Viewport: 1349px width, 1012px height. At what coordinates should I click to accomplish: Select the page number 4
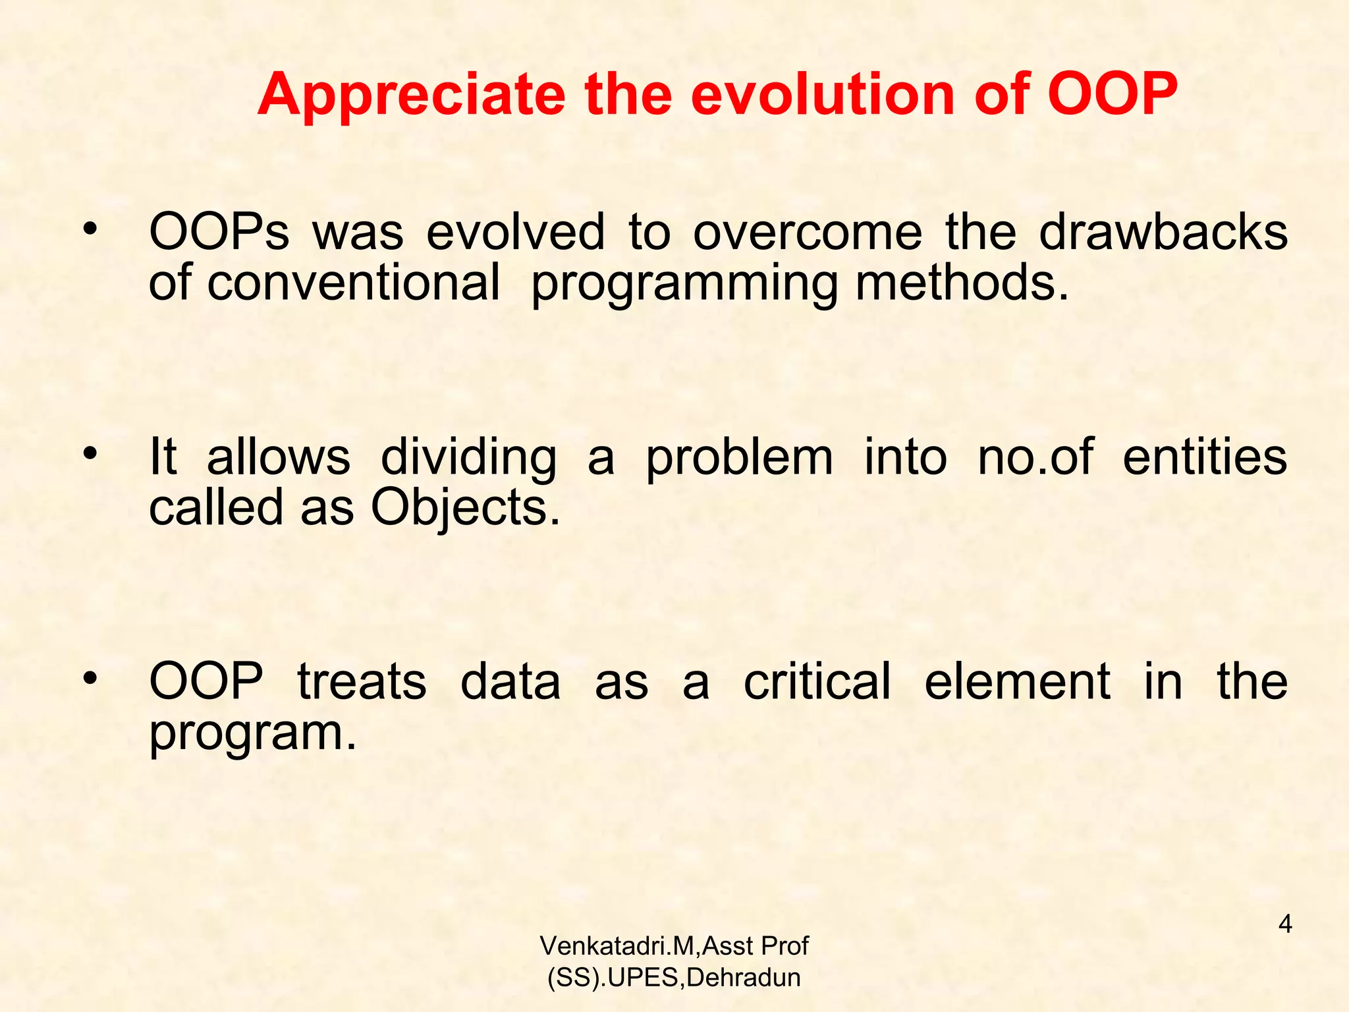click(1285, 924)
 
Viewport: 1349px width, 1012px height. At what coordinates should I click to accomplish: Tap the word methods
click(962, 283)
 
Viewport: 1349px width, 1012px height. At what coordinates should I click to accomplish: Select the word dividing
click(469, 458)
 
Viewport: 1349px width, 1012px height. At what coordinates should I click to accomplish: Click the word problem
click(739, 458)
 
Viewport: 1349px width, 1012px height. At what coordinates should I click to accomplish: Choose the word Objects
click(465, 508)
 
